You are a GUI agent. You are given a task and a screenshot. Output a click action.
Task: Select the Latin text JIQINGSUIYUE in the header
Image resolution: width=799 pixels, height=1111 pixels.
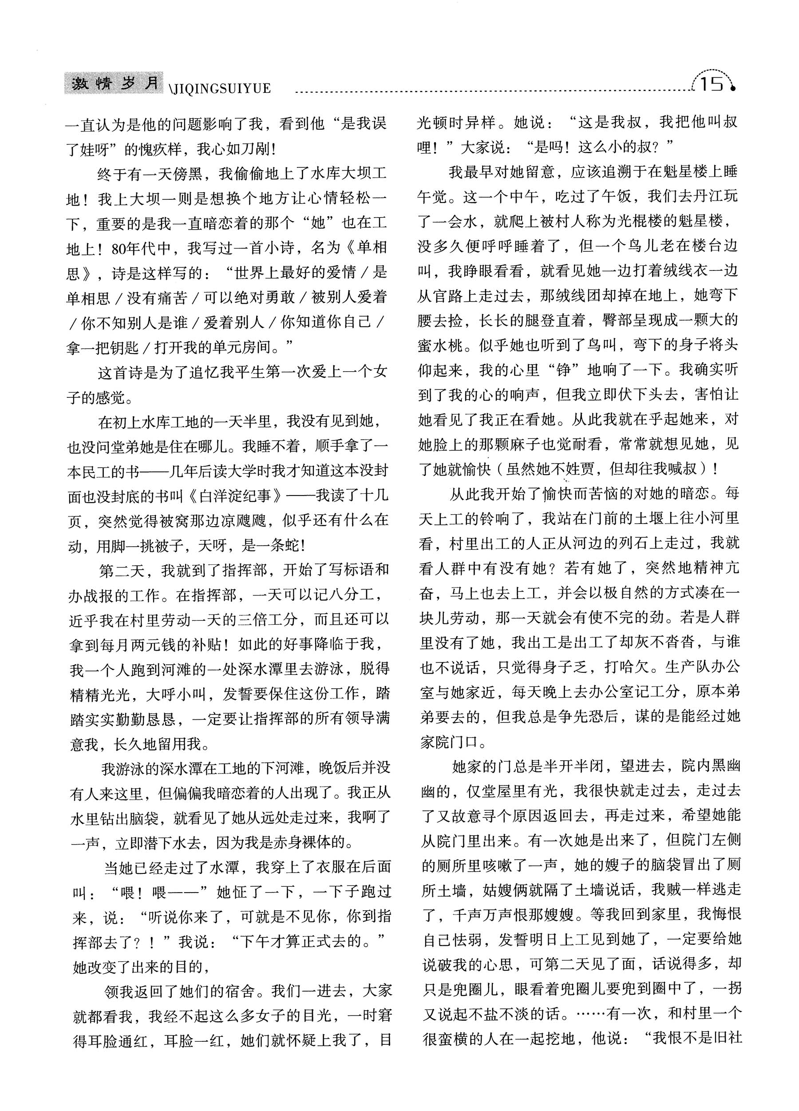(x=222, y=89)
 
